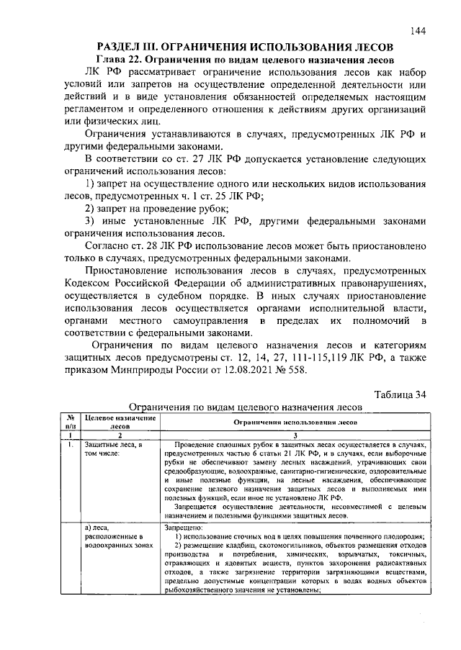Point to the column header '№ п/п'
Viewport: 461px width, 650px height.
pyautogui.click(x=71, y=421)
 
